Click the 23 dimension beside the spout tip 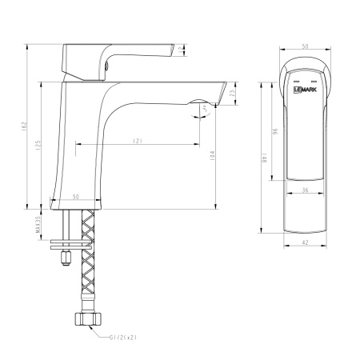232,94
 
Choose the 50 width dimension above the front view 304,47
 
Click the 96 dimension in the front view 274,130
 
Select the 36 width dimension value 305,190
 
